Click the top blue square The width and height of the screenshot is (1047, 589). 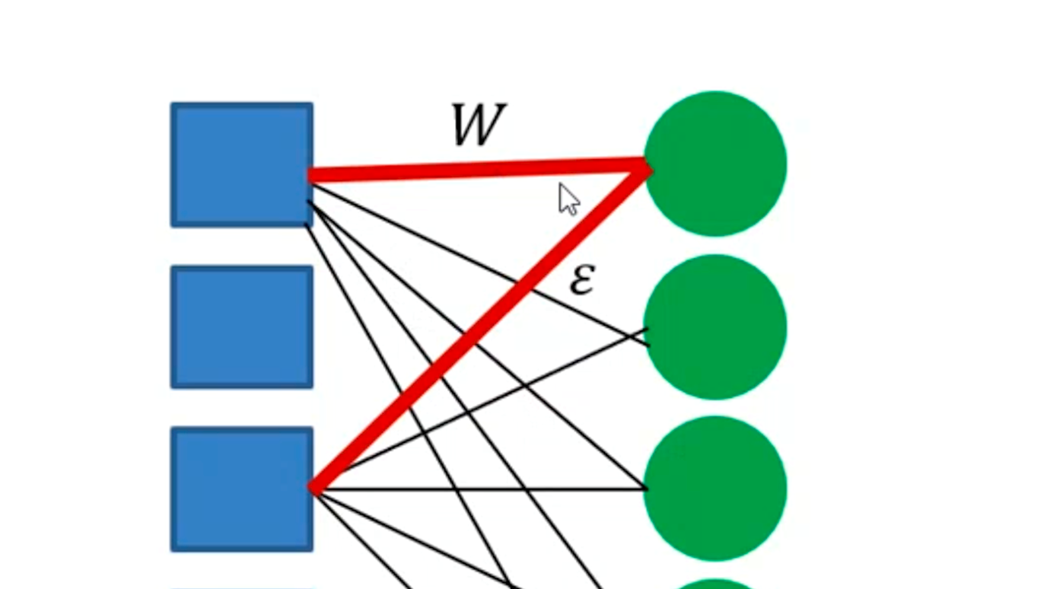(x=242, y=164)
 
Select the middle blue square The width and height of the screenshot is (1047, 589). (x=242, y=327)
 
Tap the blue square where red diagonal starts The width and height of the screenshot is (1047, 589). (x=242, y=489)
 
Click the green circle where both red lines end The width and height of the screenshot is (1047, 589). (x=715, y=164)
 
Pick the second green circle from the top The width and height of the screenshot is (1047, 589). (x=715, y=327)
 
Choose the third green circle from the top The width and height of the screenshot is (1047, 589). (x=715, y=489)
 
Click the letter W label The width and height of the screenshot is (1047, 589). (x=478, y=126)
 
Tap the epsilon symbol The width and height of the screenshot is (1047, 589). (x=582, y=281)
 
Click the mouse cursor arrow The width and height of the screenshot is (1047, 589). (x=568, y=199)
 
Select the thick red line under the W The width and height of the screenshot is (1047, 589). (x=478, y=169)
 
